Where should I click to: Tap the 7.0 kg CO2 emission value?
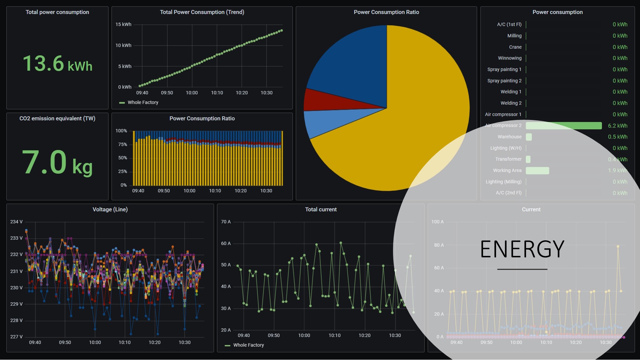[57, 163]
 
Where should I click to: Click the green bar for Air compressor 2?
[563, 126]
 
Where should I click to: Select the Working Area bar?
[537, 171]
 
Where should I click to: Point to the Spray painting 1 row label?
[504, 69]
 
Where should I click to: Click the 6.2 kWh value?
[617, 126]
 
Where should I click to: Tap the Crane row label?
[515, 47]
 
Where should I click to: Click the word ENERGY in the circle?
[522, 249]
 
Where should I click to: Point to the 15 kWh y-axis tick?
[123, 24]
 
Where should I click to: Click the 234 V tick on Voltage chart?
[16, 222]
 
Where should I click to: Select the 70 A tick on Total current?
[226, 222]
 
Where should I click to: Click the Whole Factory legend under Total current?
[248, 345]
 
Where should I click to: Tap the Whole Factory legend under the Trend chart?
[143, 102]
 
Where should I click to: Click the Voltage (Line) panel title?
[110, 209]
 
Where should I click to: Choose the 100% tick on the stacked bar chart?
[121, 131]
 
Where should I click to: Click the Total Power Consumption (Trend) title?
[202, 12]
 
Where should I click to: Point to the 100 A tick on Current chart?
[437, 222]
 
